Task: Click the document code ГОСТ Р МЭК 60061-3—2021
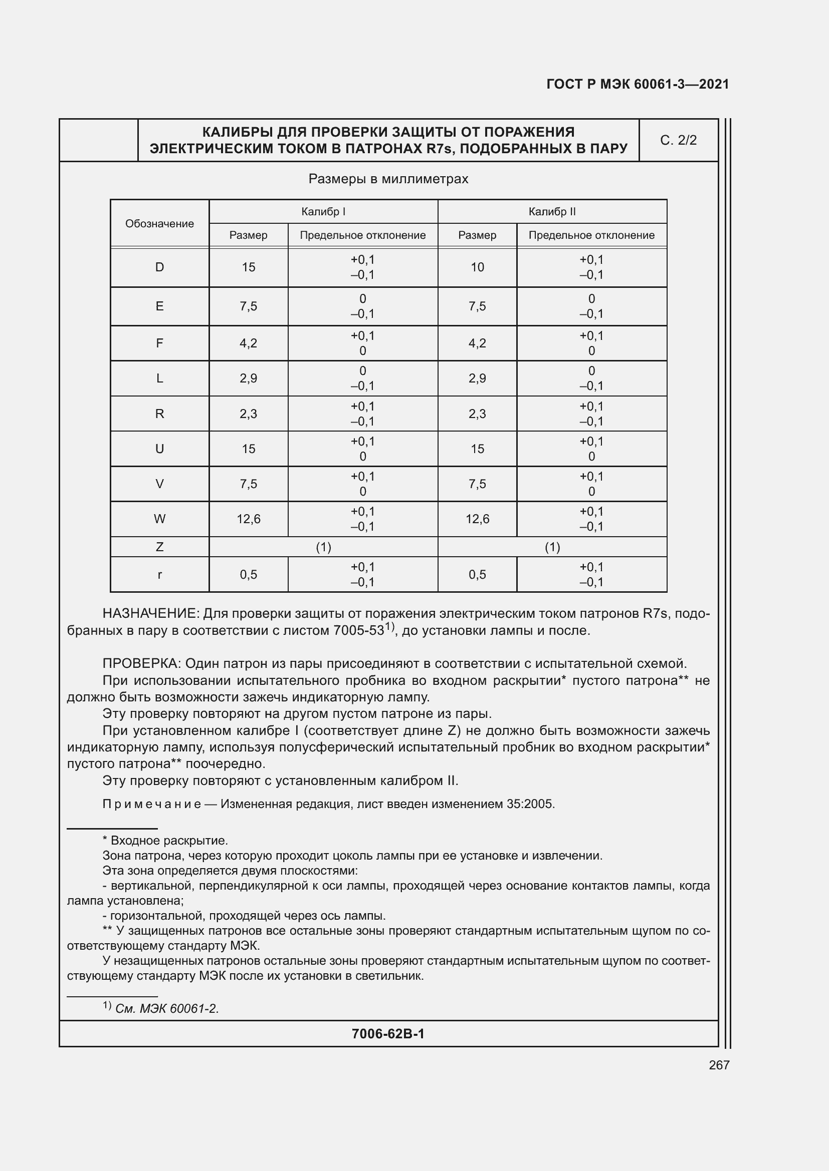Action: [x=637, y=84]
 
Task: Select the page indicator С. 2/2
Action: [x=678, y=140]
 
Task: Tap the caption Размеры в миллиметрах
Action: [x=388, y=179]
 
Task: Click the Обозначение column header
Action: [x=159, y=224]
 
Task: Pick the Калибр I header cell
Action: [x=323, y=212]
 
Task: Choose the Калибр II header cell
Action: [x=552, y=212]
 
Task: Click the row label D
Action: [x=159, y=267]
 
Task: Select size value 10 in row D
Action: [x=477, y=267]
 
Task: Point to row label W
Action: [x=159, y=519]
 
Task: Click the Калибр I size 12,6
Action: [x=248, y=519]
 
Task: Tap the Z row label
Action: [x=159, y=547]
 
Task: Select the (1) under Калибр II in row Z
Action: [x=552, y=547]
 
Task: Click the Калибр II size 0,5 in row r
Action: [x=477, y=575]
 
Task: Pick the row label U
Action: [x=159, y=449]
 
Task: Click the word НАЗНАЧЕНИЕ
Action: [x=149, y=614]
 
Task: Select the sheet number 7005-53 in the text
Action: [x=358, y=631]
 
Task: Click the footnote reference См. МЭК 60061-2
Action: [x=167, y=1009]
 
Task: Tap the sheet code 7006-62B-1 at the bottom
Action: [x=388, y=1034]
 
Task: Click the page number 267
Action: [x=719, y=1065]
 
